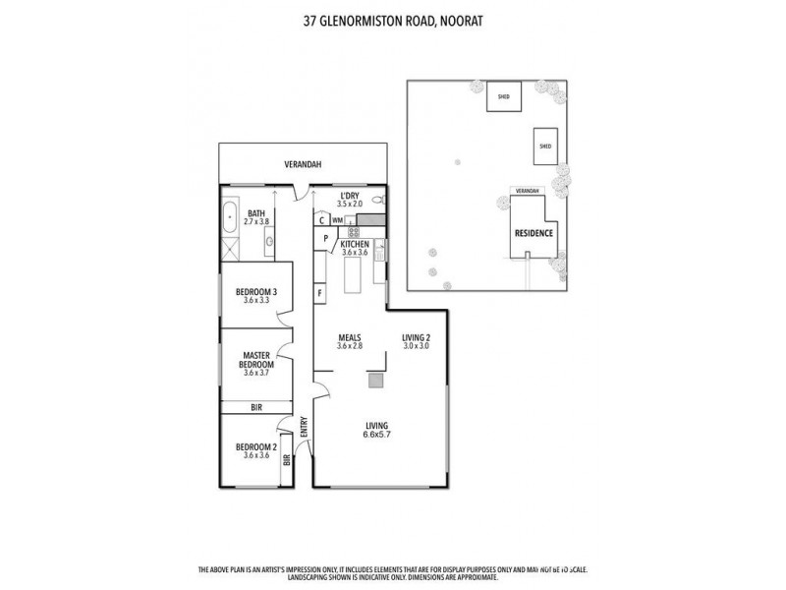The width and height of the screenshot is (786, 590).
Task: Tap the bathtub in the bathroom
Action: pos(228,215)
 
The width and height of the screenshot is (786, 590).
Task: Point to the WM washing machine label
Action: pos(337,220)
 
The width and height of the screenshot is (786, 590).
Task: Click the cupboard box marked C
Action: pos(321,220)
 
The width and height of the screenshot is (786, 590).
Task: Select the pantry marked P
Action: pos(322,238)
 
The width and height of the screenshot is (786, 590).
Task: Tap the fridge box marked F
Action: pos(320,293)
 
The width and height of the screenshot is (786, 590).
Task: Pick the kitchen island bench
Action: pos(354,281)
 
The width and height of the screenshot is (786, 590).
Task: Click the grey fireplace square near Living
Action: pos(374,378)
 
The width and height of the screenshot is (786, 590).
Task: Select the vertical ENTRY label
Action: pos(305,427)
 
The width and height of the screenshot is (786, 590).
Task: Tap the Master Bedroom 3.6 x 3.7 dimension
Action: pos(255,373)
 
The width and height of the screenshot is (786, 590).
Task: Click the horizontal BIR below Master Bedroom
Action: pos(255,406)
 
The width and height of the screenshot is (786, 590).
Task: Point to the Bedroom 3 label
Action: pos(255,292)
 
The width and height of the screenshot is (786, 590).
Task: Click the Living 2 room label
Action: pos(417,337)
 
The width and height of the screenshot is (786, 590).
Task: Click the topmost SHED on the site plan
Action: pos(504,97)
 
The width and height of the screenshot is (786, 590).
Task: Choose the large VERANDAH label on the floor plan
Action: pos(304,164)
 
